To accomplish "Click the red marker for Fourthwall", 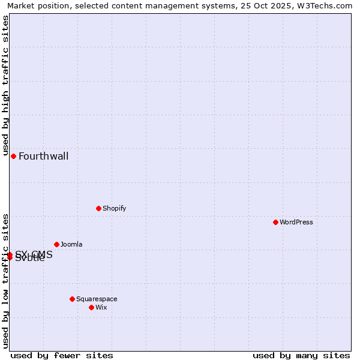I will coord(13,156).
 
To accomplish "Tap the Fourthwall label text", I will coord(43,157).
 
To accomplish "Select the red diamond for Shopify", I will coord(98,208).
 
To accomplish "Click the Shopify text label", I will coord(114,209).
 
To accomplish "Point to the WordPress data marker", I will coord(275,222).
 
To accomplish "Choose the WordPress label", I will coord(296,223).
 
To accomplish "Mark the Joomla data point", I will coord(56,244).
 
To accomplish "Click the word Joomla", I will coord(71,245).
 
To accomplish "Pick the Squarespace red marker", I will coord(72,299).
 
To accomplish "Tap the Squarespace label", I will coord(97,299).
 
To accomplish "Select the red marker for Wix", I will coord(91,307).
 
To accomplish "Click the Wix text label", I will coord(101,308).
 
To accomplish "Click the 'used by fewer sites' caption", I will coord(62,355).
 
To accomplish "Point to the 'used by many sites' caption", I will coord(301,355).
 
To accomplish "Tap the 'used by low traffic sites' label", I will coord(5,281).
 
